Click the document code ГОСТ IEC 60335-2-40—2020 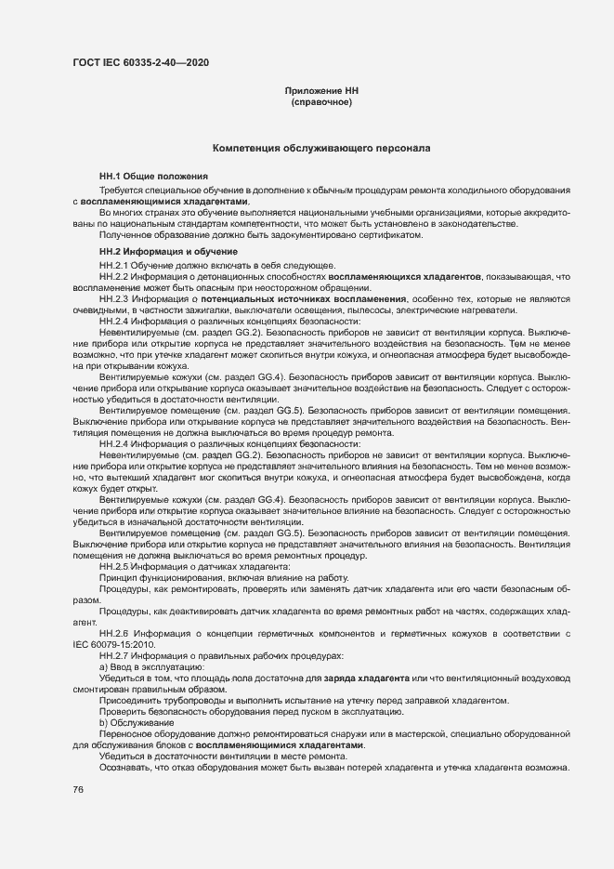click(x=140, y=62)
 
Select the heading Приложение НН click(x=320, y=91)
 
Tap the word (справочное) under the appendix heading click(x=320, y=102)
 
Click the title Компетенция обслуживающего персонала click(x=320, y=148)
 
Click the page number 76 click(x=78, y=789)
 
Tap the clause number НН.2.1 click(x=113, y=265)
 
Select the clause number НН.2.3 click(x=113, y=298)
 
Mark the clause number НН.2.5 click(x=113, y=566)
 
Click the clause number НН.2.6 click(x=113, y=633)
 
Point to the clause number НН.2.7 click(x=113, y=655)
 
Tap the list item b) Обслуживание click(x=130, y=722)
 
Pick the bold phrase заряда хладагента click(x=367, y=678)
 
